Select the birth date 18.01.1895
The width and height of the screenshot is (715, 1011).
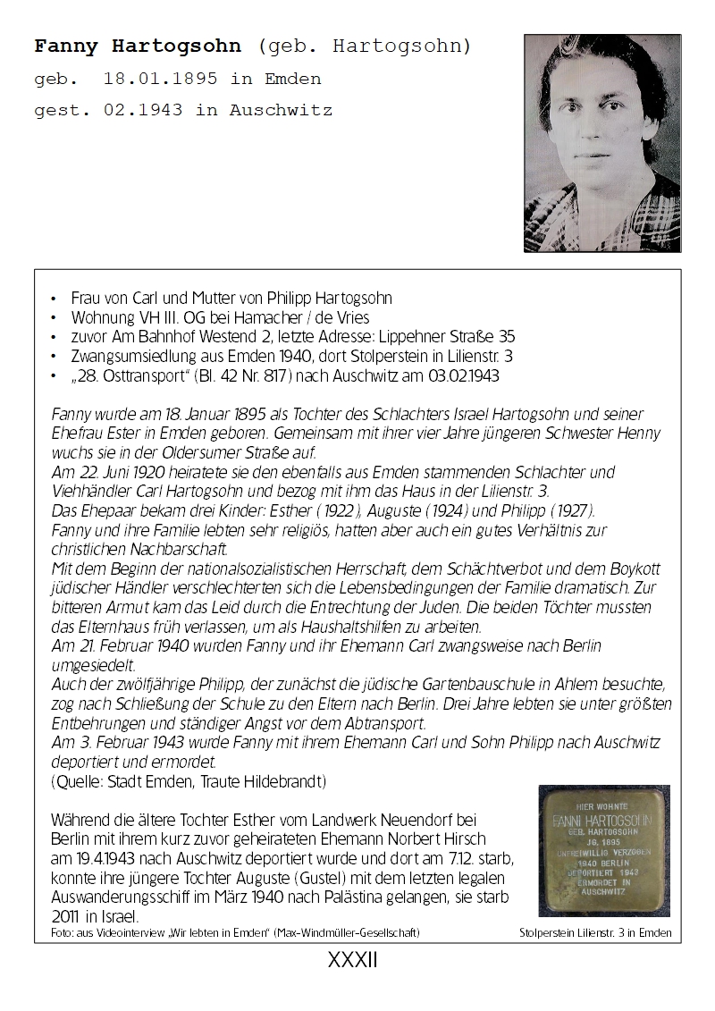(x=161, y=79)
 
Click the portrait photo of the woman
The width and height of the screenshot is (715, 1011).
(x=602, y=143)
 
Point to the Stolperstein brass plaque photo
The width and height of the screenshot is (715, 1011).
(x=603, y=850)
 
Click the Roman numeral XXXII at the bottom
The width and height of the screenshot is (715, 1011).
(x=354, y=960)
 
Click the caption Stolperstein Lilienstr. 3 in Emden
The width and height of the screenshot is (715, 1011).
(x=595, y=933)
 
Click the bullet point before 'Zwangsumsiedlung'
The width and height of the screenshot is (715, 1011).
(x=55, y=357)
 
